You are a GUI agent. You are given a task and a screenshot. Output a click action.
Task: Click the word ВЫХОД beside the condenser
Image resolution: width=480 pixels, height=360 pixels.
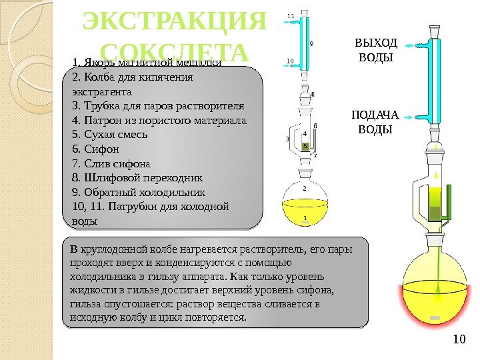click(376, 43)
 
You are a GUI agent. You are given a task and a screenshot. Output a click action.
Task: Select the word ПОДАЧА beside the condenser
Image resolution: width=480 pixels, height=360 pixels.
click(375, 115)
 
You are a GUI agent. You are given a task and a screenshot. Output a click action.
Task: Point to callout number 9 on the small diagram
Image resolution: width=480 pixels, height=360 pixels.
click(311, 44)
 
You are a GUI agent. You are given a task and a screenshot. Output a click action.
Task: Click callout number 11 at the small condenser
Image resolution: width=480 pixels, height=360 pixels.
click(290, 15)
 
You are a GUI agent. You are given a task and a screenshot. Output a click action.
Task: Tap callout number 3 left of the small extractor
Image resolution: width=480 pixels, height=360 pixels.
click(287, 139)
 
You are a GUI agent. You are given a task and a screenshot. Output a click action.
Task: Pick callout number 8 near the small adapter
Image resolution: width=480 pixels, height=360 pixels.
click(313, 95)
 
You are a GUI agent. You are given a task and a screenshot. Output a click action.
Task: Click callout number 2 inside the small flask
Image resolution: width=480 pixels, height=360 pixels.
click(305, 189)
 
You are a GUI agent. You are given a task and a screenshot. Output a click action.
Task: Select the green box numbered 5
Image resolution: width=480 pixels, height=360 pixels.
click(305, 145)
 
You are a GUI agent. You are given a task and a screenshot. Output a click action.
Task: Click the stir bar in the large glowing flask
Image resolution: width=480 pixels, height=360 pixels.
click(435, 317)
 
